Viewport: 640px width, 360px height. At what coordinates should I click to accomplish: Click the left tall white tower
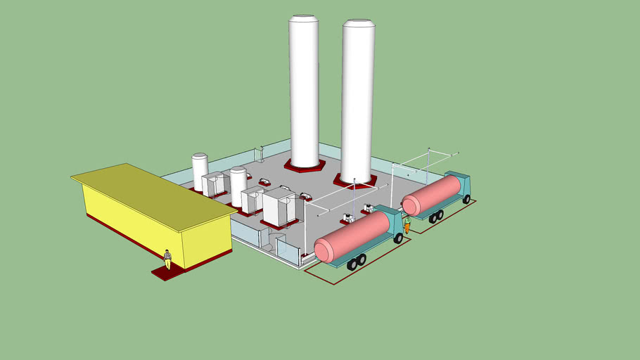pos(304,91)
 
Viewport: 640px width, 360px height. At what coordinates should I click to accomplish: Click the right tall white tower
pos(357,98)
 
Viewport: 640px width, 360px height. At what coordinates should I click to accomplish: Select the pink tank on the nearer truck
pos(352,236)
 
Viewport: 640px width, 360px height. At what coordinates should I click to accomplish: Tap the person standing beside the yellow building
pos(167,258)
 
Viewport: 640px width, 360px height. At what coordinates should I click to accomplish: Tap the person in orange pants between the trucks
pos(407,224)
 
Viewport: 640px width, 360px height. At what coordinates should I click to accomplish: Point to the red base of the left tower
pos(305,167)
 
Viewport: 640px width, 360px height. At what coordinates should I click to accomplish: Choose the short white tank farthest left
pos(200,172)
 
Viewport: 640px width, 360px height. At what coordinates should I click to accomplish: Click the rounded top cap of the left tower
pos(304,18)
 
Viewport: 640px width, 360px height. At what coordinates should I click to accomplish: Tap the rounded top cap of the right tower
pos(359,23)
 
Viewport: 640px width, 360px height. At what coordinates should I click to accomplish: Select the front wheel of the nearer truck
pos(399,238)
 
